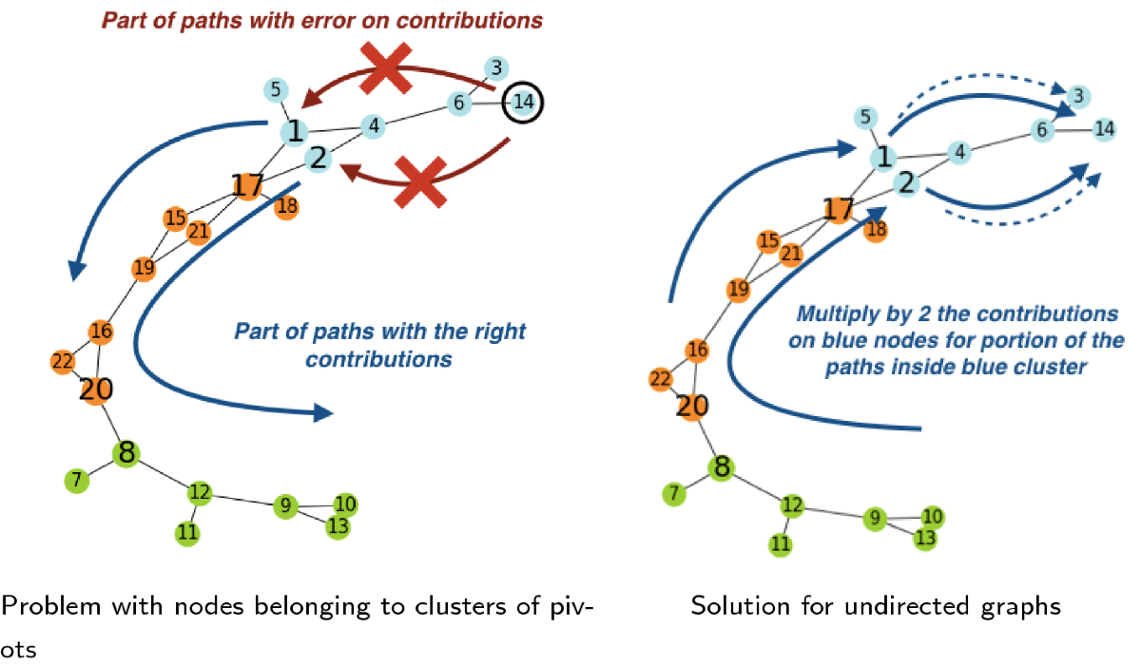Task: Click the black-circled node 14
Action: pyautogui.click(x=521, y=101)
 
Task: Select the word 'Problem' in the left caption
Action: pyautogui.click(x=43, y=605)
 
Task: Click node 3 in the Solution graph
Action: pyautogui.click(x=1077, y=95)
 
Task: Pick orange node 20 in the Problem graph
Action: pyautogui.click(x=96, y=389)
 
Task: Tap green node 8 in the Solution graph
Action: pyautogui.click(x=722, y=466)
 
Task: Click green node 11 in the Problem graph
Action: pyautogui.click(x=188, y=533)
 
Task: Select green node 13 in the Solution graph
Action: pyautogui.click(x=924, y=538)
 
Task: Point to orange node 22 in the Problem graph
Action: pyautogui.click(x=63, y=362)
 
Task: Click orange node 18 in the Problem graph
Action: pyautogui.click(x=286, y=207)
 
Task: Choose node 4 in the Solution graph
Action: pyautogui.click(x=960, y=151)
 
